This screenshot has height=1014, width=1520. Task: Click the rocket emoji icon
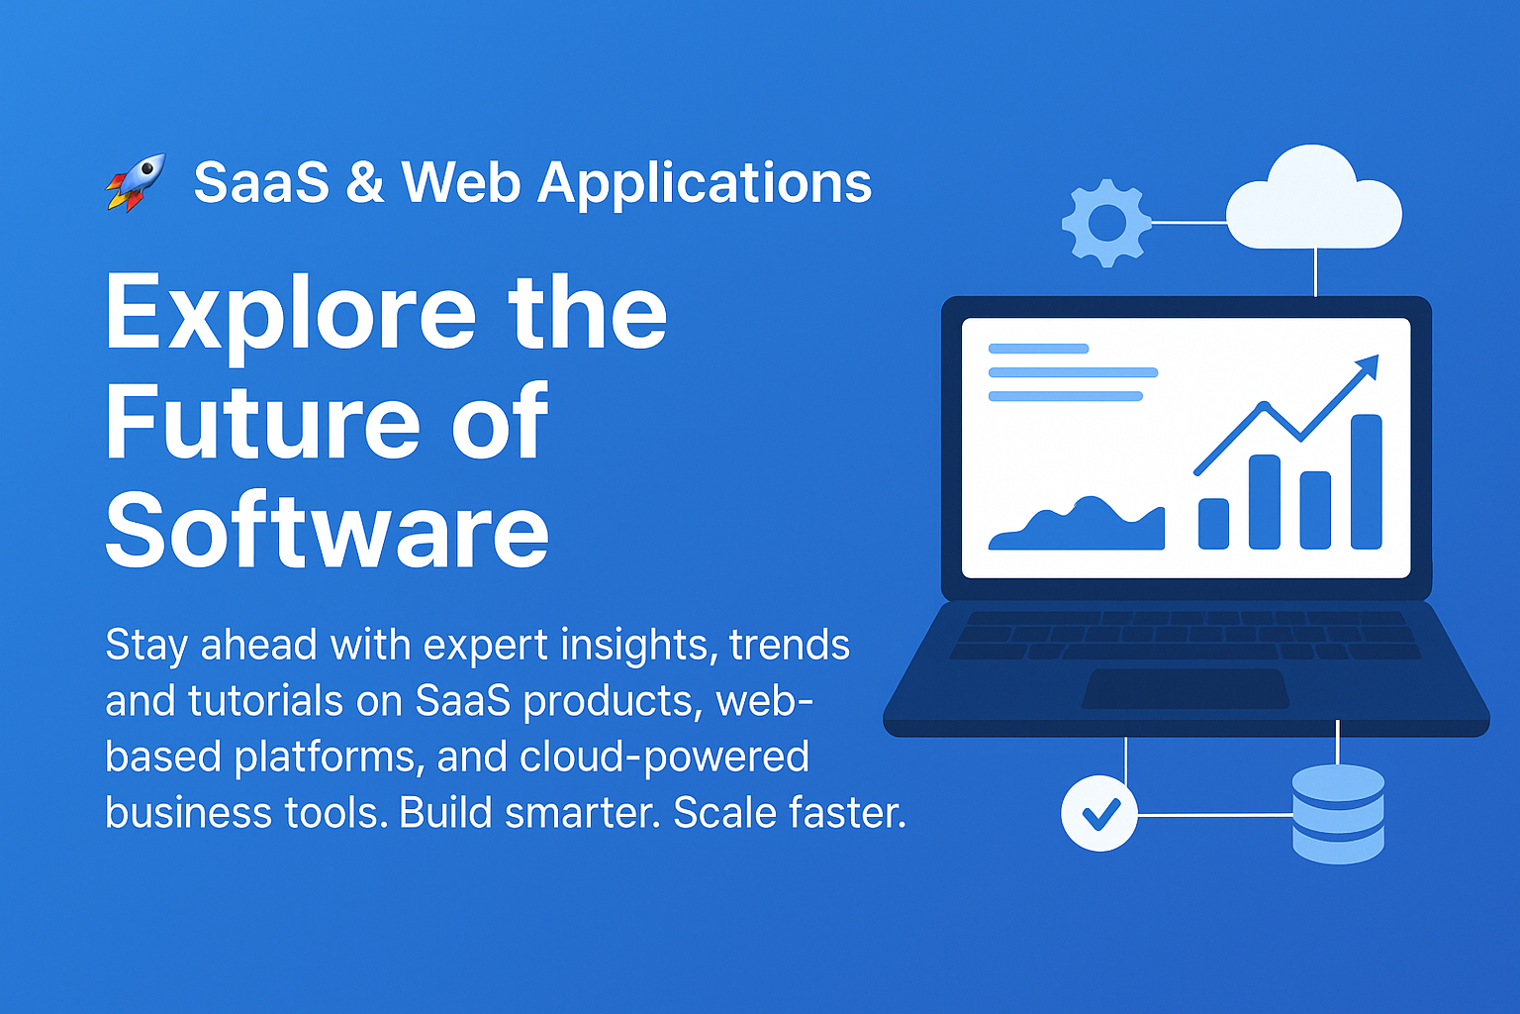pos(136,182)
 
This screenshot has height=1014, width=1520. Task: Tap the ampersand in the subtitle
pos(364,183)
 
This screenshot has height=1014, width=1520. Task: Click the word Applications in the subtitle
pos(706,184)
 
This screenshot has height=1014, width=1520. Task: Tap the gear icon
pos(1106,223)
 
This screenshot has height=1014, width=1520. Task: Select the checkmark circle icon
pos(1099,813)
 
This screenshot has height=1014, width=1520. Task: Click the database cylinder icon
pos(1338,814)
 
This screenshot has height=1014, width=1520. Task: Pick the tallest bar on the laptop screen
pos(1366,481)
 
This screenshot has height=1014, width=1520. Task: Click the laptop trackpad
pos(1186,688)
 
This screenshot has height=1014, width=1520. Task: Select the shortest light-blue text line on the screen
pos(1038,349)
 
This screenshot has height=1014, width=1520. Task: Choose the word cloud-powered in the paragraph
pos(664,757)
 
